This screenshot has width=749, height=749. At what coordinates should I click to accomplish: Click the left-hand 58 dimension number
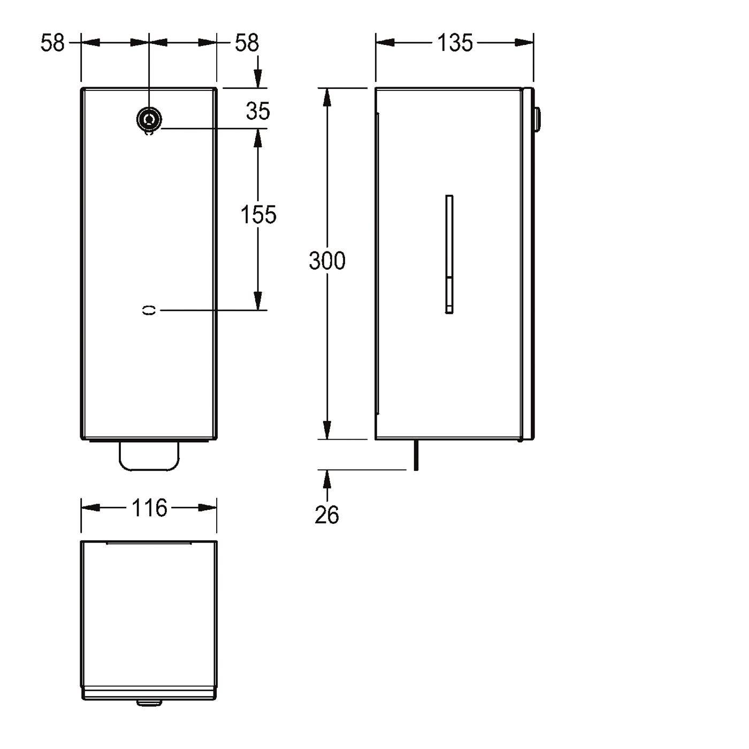point(52,43)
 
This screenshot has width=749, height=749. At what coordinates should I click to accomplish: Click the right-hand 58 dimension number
point(247,43)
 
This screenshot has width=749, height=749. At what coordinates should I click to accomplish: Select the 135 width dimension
point(455,43)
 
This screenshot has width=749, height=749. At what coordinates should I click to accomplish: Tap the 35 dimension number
point(258,111)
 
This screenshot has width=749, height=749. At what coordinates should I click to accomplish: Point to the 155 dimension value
point(258,215)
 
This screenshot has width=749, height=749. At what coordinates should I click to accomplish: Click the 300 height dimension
point(327,261)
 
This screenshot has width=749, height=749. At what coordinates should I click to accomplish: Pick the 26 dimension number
point(327,515)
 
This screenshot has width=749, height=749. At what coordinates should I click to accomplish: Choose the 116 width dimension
point(149,508)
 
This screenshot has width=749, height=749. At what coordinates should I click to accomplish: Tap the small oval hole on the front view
point(149,310)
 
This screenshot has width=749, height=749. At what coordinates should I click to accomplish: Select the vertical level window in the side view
point(449,254)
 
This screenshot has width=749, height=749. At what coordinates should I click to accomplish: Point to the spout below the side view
point(416,455)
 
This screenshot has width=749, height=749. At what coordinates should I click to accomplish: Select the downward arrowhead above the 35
point(258,79)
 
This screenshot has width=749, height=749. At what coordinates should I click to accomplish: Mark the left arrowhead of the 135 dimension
point(385,43)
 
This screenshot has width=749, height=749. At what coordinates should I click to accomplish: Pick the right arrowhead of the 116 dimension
point(207,508)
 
